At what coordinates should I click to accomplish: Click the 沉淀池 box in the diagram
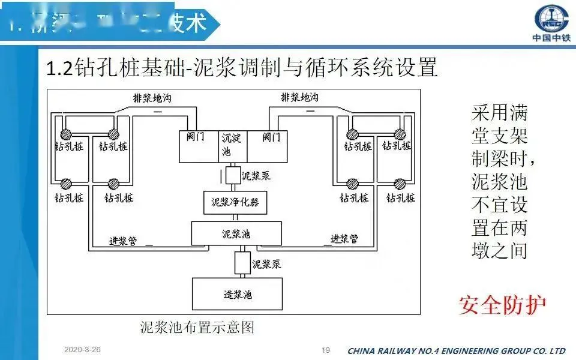coord(231,146)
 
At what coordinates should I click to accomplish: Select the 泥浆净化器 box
coord(235,202)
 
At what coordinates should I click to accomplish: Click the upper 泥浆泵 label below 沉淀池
coord(256,176)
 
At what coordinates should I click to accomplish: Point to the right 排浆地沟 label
coord(300,97)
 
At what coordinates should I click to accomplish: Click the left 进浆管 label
coord(122,240)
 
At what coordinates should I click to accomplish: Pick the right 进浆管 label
coord(344,239)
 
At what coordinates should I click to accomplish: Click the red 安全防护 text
coord(502,305)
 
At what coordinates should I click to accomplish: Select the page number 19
coord(326,350)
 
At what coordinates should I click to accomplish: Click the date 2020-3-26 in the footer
coord(83,349)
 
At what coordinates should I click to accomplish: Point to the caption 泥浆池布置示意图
coord(197,328)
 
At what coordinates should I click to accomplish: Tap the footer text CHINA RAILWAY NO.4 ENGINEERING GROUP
coord(456,350)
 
